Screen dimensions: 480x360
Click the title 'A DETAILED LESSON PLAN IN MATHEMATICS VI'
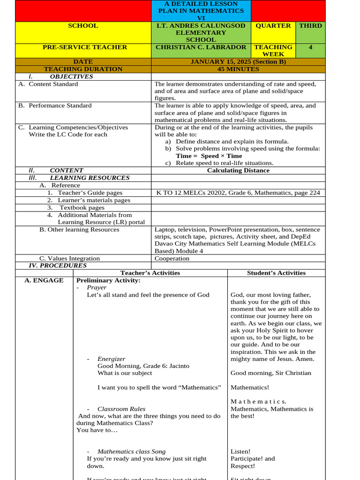pos(201,11)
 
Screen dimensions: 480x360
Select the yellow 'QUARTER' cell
pos(273,26)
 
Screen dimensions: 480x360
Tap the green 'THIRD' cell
pos(310,26)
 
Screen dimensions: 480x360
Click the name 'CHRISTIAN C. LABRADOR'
pos(201,47)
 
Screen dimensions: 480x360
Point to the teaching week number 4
pos(310,47)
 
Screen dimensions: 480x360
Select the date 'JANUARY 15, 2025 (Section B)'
pos(238,62)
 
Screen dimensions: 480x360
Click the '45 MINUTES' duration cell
pos(238,69)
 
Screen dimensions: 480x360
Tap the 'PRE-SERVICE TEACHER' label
pos(85,47)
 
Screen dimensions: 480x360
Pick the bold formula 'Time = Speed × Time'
pos(209,156)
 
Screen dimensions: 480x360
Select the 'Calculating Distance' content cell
pos(238,171)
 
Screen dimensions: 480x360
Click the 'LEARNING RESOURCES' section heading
pos(90,178)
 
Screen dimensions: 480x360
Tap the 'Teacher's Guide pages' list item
pos(90,193)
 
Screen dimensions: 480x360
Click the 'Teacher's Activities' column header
pos(150,273)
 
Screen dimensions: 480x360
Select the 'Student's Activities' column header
pos(276,273)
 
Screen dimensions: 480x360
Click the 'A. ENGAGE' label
pos(44,280)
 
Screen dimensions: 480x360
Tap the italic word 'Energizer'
pos(111,359)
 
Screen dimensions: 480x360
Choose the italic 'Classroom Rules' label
pos(121,409)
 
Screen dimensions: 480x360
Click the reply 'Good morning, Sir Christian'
pos(270,373)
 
